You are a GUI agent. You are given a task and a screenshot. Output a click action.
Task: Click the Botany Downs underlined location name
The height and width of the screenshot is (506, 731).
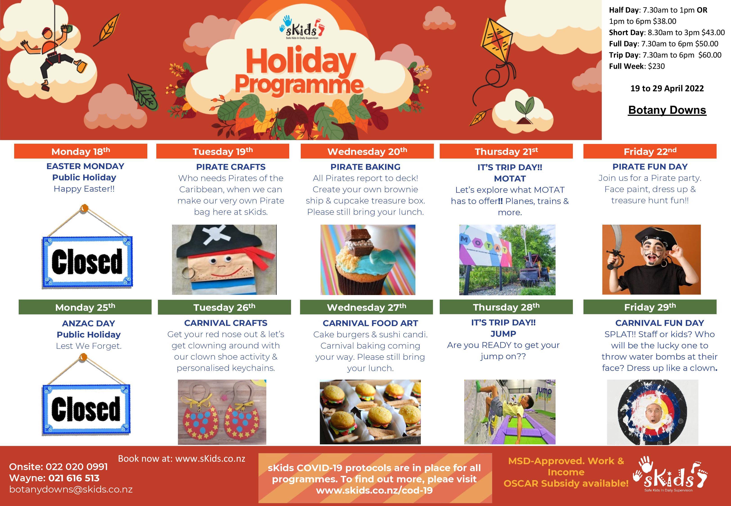pyautogui.click(x=667, y=110)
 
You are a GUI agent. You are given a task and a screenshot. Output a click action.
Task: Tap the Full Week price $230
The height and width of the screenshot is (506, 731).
pyautogui.click(x=656, y=66)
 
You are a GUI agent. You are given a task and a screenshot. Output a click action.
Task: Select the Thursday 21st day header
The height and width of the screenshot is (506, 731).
pyautogui.click(x=506, y=151)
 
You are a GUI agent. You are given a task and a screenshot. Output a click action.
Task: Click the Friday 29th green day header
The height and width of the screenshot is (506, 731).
pyautogui.click(x=650, y=307)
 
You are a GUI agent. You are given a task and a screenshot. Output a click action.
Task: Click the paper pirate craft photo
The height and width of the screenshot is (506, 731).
pyautogui.click(x=224, y=260)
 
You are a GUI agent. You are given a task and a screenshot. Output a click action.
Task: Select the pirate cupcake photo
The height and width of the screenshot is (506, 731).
pyautogui.click(x=368, y=260)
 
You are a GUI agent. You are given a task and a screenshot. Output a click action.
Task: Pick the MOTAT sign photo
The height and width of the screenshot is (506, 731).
pyautogui.click(x=507, y=260)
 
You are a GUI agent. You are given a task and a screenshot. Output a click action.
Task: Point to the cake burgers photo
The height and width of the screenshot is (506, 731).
pyautogui.click(x=370, y=412)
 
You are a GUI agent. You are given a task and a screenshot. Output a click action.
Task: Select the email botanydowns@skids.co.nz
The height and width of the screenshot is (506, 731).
pyautogui.click(x=71, y=489)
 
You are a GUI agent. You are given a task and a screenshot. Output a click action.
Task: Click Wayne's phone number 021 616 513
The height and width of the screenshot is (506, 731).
pyautogui.click(x=74, y=478)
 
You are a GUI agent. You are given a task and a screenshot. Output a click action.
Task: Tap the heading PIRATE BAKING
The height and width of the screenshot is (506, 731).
pyautogui.click(x=365, y=167)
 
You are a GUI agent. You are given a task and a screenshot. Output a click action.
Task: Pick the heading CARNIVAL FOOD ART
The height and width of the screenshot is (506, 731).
pyautogui.click(x=370, y=323)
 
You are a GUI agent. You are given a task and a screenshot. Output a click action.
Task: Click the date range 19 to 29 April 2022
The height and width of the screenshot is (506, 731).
pyautogui.click(x=667, y=88)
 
